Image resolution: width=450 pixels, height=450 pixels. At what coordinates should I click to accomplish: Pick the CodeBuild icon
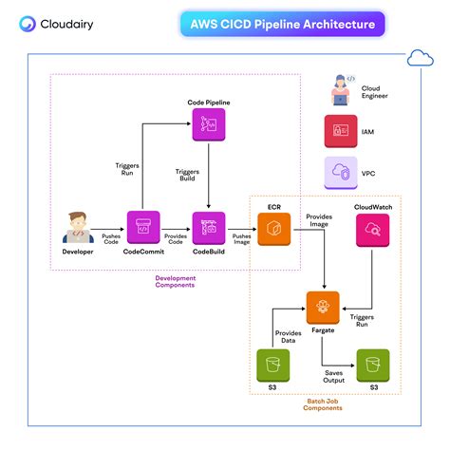tap(207, 229)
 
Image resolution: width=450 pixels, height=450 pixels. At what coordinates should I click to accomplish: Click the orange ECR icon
tap(272, 229)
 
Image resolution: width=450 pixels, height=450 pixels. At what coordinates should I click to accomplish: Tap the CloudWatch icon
tap(371, 229)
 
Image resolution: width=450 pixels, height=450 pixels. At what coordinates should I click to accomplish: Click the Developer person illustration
tap(79, 229)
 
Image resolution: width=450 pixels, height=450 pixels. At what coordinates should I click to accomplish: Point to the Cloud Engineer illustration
tap(339, 88)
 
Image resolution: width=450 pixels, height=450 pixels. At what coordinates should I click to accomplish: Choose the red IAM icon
tap(339, 129)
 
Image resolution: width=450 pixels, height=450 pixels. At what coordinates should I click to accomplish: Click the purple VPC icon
tap(339, 173)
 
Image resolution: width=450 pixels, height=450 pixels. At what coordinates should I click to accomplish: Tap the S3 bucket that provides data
tap(272, 365)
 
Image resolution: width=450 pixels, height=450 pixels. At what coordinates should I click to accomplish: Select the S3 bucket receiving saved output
tap(371, 365)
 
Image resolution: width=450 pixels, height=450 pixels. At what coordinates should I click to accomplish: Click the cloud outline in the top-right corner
tap(419, 59)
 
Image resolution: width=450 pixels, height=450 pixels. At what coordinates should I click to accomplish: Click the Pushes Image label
tap(240, 239)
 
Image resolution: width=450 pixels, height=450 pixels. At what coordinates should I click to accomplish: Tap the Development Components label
tap(176, 283)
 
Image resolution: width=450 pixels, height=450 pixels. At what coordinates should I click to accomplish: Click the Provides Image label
tap(318, 222)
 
